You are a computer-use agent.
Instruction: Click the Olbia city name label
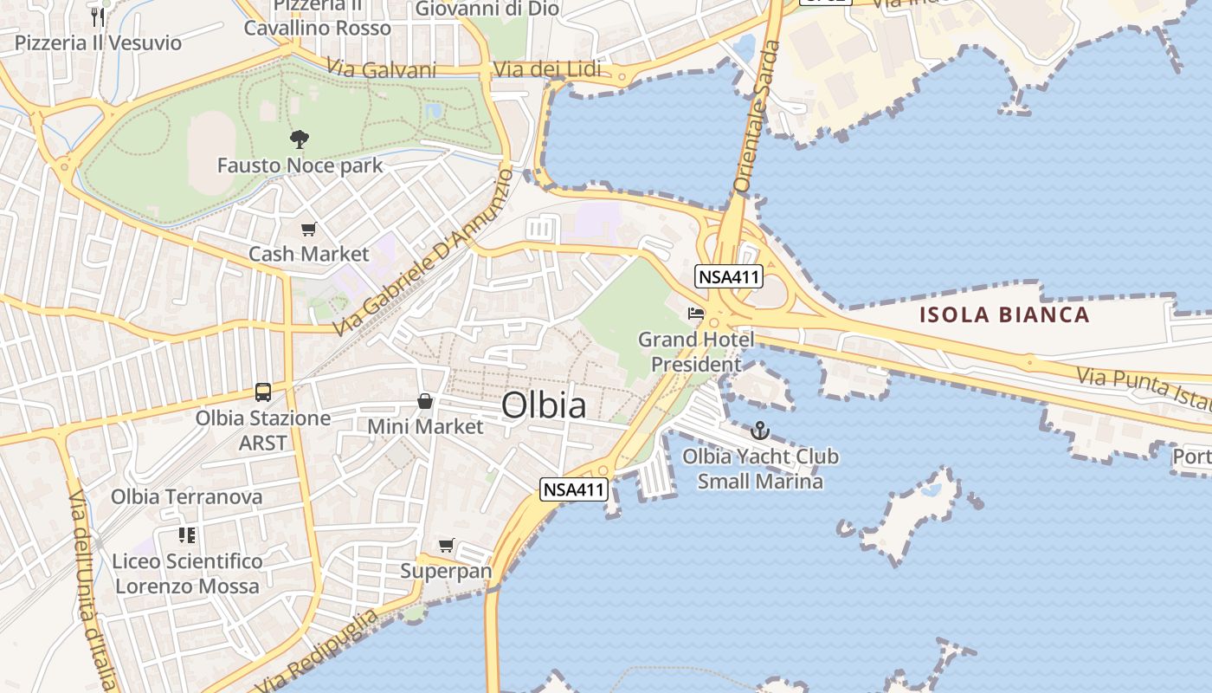pyautogui.click(x=544, y=405)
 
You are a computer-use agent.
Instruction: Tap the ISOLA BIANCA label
pyautogui.click(x=1004, y=314)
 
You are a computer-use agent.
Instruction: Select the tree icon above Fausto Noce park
pyautogui.click(x=300, y=139)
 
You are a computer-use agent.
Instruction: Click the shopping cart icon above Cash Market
pyautogui.click(x=308, y=230)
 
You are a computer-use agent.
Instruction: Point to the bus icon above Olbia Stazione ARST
pyautogui.click(x=263, y=392)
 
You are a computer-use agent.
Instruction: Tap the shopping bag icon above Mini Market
pyautogui.click(x=425, y=401)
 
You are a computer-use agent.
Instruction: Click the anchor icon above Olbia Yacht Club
pyautogui.click(x=759, y=431)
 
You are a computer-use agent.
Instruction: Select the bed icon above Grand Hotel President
pyautogui.click(x=696, y=314)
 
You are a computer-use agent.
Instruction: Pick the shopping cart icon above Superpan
pyautogui.click(x=446, y=546)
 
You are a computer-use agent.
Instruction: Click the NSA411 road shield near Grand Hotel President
pyautogui.click(x=728, y=277)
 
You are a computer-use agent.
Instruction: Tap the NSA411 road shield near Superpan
pyautogui.click(x=573, y=489)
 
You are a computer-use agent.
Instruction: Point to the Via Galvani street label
pyautogui.click(x=381, y=69)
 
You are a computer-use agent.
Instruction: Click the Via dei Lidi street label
pyautogui.click(x=545, y=70)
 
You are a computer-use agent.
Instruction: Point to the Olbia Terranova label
pyautogui.click(x=186, y=497)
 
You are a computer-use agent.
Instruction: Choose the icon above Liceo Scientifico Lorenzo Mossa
pyautogui.click(x=186, y=535)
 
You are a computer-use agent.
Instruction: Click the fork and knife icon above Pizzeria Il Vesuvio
pyautogui.click(x=98, y=16)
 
